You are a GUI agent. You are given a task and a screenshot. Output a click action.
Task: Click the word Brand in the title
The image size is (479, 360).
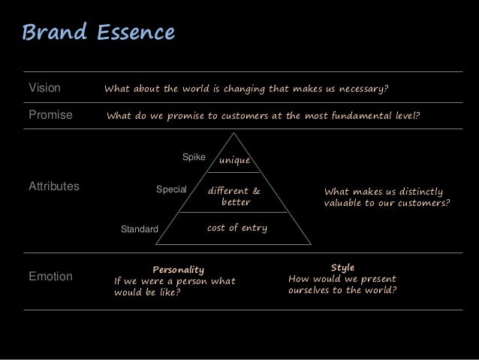click(x=54, y=33)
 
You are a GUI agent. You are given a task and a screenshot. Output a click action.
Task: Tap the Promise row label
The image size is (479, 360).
click(x=50, y=116)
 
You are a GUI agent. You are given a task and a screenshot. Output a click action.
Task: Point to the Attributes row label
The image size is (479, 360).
click(x=53, y=185)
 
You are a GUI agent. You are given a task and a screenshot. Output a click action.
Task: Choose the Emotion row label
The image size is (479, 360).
click(x=50, y=277)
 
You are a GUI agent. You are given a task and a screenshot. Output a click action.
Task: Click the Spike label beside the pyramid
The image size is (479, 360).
click(x=194, y=156)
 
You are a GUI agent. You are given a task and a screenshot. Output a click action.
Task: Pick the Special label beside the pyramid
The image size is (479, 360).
click(x=170, y=190)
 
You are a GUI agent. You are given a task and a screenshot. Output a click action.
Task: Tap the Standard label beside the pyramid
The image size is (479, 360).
click(x=140, y=228)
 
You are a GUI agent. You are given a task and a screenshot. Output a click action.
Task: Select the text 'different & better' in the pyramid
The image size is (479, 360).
click(x=235, y=196)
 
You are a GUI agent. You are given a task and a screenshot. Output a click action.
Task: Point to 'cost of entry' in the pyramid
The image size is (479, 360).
click(x=236, y=228)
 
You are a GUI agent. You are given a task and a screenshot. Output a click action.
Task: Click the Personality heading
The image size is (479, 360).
click(x=178, y=269)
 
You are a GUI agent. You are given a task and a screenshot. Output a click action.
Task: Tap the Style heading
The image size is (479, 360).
click(x=342, y=267)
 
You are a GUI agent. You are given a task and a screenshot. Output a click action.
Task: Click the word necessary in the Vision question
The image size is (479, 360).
click(x=362, y=89)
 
